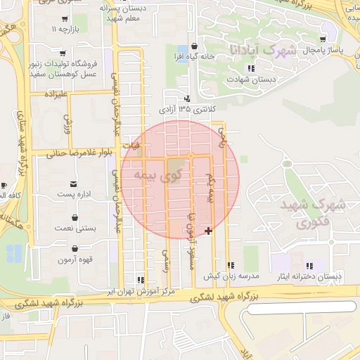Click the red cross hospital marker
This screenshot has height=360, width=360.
(208, 230)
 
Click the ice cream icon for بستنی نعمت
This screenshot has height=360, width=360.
(75, 218)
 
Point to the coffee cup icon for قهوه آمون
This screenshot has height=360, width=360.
(75, 248)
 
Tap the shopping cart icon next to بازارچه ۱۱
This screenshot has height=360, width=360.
(65, 20)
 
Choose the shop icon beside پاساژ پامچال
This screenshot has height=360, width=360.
(323, 39)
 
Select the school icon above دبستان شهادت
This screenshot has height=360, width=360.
(250, 69)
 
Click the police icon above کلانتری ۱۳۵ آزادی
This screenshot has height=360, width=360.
(187, 98)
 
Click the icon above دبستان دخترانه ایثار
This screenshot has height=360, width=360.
(311, 265)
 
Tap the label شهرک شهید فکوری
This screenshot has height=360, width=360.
(312, 214)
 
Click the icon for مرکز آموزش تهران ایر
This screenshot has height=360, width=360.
(141, 279)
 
